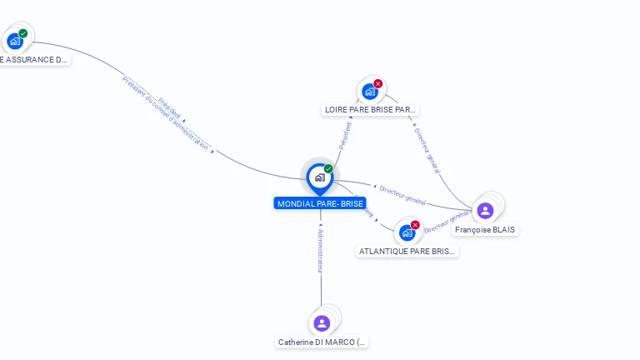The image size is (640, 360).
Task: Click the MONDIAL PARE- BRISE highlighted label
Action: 320,203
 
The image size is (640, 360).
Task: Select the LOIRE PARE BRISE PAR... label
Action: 369,109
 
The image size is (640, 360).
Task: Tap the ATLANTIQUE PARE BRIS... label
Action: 407,251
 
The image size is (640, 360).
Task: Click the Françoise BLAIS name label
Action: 485,229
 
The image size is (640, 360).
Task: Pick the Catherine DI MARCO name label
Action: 322,342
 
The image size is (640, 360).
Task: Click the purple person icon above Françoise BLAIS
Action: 485,210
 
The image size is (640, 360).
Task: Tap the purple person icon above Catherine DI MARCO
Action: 322,322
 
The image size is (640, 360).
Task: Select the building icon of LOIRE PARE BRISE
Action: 369,92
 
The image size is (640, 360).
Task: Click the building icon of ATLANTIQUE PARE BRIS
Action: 407,232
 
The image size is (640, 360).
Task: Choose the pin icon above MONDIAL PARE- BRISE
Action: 319,177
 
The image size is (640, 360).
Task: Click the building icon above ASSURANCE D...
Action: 14,41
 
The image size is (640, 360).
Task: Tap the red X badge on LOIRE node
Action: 378,83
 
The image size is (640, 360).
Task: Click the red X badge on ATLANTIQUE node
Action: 415,224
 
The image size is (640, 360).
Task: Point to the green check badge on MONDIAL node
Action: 328,168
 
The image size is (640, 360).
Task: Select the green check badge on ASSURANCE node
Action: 23,33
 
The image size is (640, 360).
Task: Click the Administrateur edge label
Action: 320,250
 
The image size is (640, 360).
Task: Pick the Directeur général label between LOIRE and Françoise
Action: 426,150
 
